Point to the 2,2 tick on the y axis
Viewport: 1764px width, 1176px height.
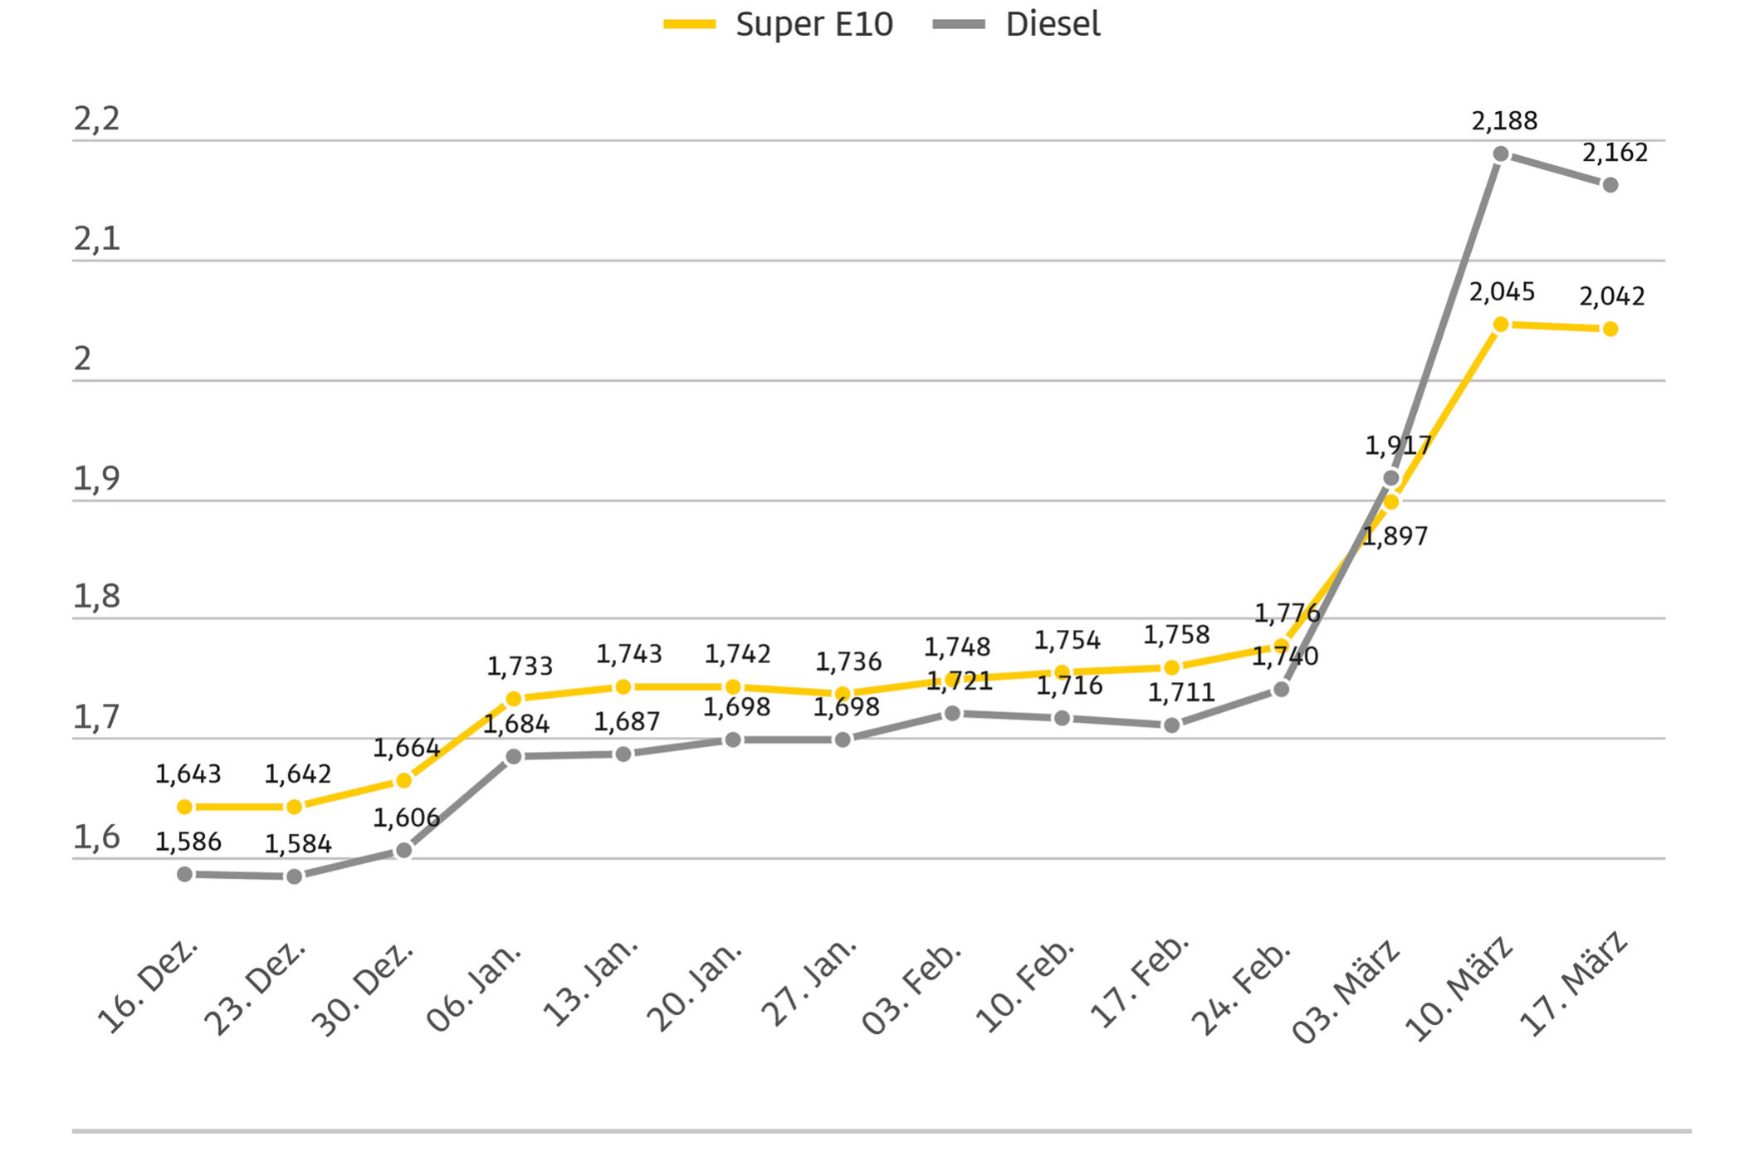96,120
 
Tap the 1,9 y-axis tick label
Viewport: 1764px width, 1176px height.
96,479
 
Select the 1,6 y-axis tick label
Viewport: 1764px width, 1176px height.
96,838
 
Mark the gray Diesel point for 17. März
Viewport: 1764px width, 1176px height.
1610,185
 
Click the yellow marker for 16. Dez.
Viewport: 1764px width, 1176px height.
185,807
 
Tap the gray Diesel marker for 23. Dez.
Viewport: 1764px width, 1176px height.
294,876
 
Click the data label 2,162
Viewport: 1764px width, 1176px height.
1615,153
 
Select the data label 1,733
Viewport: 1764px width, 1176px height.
520,666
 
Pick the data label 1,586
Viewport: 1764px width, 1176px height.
188,842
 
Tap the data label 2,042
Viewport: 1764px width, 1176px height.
1611,296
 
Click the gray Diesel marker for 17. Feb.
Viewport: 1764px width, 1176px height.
1171,725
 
